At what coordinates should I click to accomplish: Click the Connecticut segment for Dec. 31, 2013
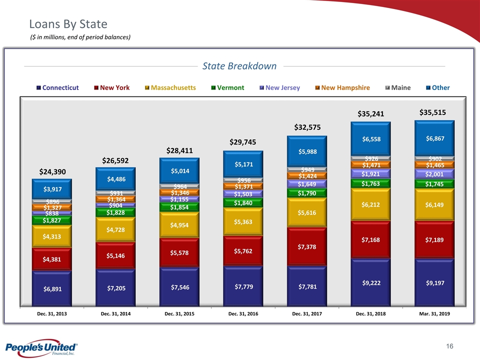point(51,288)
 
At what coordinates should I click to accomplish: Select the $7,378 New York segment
point(306,246)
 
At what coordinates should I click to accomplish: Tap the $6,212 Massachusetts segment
point(370,204)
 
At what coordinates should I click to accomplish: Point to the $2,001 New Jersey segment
point(434,174)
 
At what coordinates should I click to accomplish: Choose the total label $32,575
point(306,127)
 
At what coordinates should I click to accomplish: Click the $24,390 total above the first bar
point(52,171)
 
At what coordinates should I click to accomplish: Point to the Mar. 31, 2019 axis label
point(434,313)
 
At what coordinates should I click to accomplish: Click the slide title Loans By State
point(68,23)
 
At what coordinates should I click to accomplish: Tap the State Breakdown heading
point(239,66)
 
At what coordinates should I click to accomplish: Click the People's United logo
point(40,348)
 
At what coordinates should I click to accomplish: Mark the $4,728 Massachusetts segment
point(115,230)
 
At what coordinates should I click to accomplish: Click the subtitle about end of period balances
point(80,37)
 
